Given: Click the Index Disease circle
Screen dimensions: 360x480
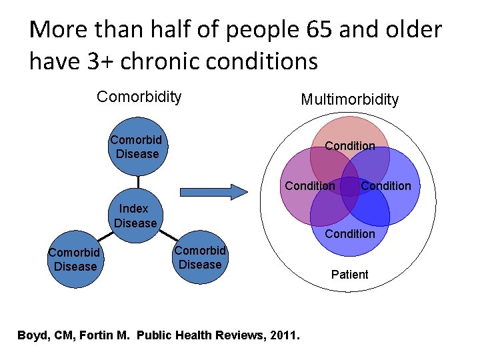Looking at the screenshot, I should (136, 216).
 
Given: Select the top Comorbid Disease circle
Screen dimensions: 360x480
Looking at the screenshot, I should (138, 147).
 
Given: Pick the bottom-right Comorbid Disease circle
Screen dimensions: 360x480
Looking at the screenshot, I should (199, 257).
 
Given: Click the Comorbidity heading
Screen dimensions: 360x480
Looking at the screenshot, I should (139, 97).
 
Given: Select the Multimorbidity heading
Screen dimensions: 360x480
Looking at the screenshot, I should (349, 100).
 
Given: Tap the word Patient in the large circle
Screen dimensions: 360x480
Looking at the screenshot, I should (349, 275).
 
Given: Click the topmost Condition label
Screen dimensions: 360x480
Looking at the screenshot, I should (349, 146).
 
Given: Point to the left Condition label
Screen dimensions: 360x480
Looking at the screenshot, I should (310, 186).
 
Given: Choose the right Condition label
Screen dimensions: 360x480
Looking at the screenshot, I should (386, 186).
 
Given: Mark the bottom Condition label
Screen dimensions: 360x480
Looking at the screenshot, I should (349, 233).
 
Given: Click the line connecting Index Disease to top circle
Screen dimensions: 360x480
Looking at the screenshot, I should (138, 181).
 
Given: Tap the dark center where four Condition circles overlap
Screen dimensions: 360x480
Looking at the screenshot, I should (349, 186).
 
